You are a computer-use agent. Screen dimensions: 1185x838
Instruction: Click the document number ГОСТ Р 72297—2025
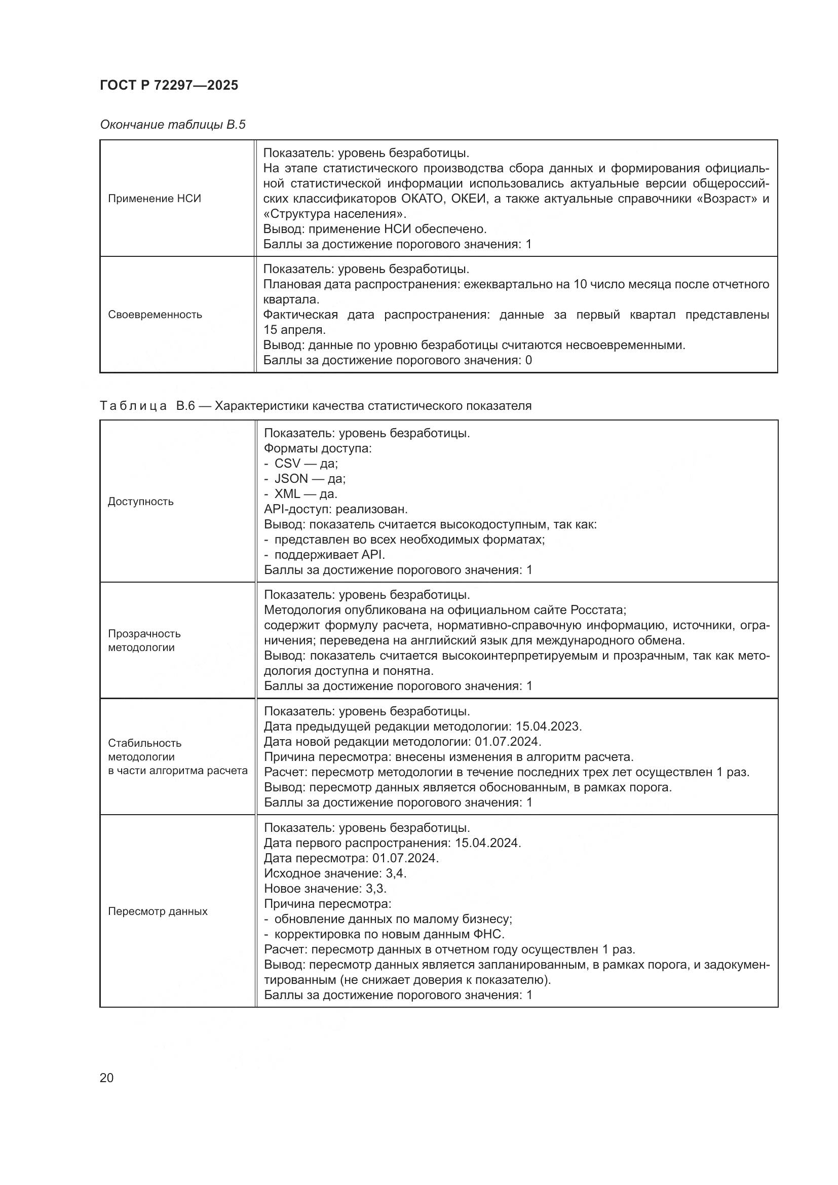(169, 85)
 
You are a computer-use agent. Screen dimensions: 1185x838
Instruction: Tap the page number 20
(106, 1078)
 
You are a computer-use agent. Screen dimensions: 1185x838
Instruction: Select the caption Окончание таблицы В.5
(172, 125)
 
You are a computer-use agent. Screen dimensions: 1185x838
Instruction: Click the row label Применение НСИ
(155, 199)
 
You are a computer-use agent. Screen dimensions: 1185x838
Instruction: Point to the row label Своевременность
(155, 314)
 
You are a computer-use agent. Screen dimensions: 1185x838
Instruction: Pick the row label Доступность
(140, 501)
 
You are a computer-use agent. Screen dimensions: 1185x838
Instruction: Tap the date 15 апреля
(294, 330)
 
